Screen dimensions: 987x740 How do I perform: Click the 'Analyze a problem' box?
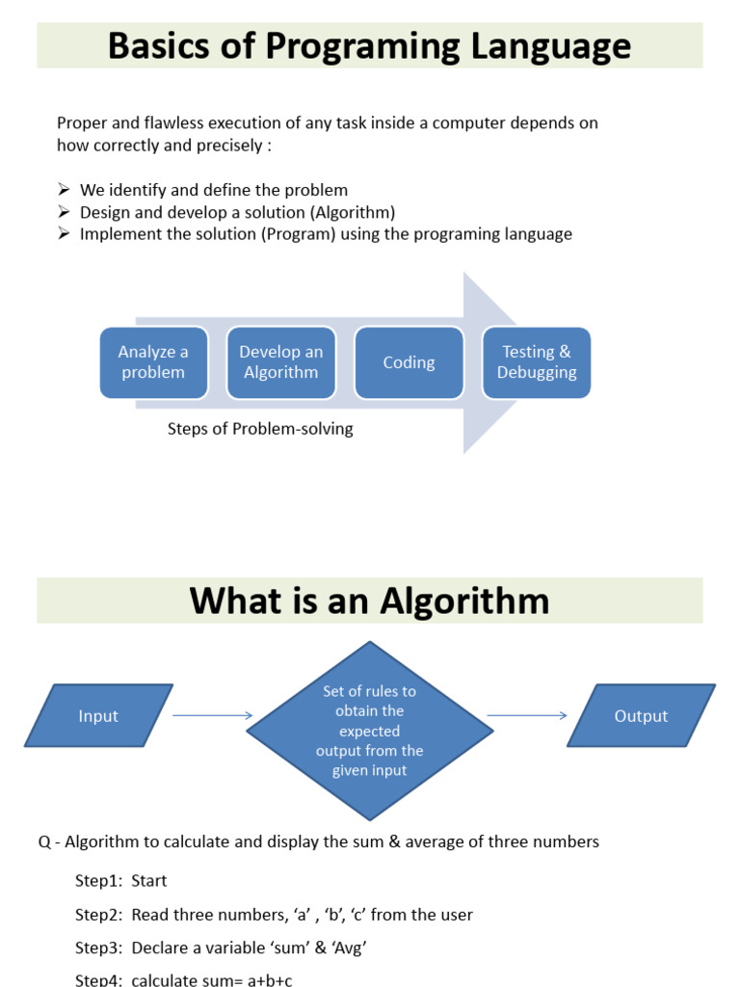point(153,362)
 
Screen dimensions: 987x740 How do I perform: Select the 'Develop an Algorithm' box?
point(281,362)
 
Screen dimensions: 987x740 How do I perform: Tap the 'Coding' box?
point(409,362)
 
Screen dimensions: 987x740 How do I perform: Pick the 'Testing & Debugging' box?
point(537,362)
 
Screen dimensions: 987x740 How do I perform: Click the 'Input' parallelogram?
point(98,716)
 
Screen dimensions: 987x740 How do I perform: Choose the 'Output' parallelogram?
point(641,716)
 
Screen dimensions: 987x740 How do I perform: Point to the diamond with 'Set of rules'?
point(370,731)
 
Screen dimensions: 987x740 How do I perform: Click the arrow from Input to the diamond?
point(213,715)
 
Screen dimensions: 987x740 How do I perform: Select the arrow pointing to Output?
point(527,715)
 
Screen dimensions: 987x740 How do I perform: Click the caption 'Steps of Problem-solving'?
point(260,429)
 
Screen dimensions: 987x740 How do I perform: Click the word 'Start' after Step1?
point(149,880)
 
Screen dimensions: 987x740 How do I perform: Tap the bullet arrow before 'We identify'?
point(64,190)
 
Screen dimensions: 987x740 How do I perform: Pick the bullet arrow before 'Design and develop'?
point(64,212)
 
